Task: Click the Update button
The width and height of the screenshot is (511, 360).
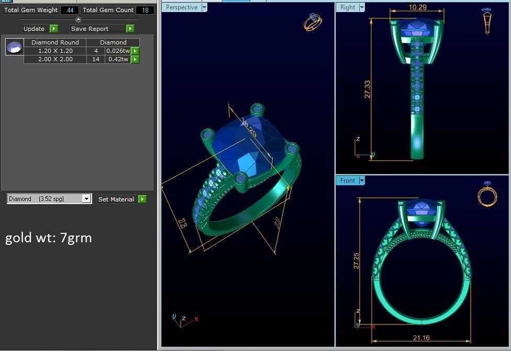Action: tap(35, 29)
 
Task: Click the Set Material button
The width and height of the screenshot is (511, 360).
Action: tap(116, 199)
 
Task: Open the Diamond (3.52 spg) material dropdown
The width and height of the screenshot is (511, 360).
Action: tap(86, 199)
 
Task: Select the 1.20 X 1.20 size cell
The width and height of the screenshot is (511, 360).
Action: tap(55, 51)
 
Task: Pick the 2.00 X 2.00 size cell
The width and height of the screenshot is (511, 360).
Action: tap(55, 59)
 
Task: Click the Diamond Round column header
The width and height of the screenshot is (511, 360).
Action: tap(55, 42)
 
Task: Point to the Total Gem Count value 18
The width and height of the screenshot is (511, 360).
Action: tap(145, 10)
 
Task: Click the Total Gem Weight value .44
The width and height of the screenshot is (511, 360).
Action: tap(70, 10)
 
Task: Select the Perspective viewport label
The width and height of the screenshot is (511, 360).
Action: tap(182, 7)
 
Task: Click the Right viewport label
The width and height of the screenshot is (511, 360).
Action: tap(348, 7)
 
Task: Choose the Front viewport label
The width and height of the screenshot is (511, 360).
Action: tap(348, 181)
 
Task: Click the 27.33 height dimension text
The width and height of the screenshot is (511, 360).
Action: tap(368, 89)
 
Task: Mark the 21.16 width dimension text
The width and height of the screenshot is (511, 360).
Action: tap(421, 337)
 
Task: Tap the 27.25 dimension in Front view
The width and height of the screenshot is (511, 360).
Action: tap(357, 260)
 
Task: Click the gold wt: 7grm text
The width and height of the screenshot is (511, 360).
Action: tap(48, 238)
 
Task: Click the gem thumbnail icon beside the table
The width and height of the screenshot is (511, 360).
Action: tap(14, 47)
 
